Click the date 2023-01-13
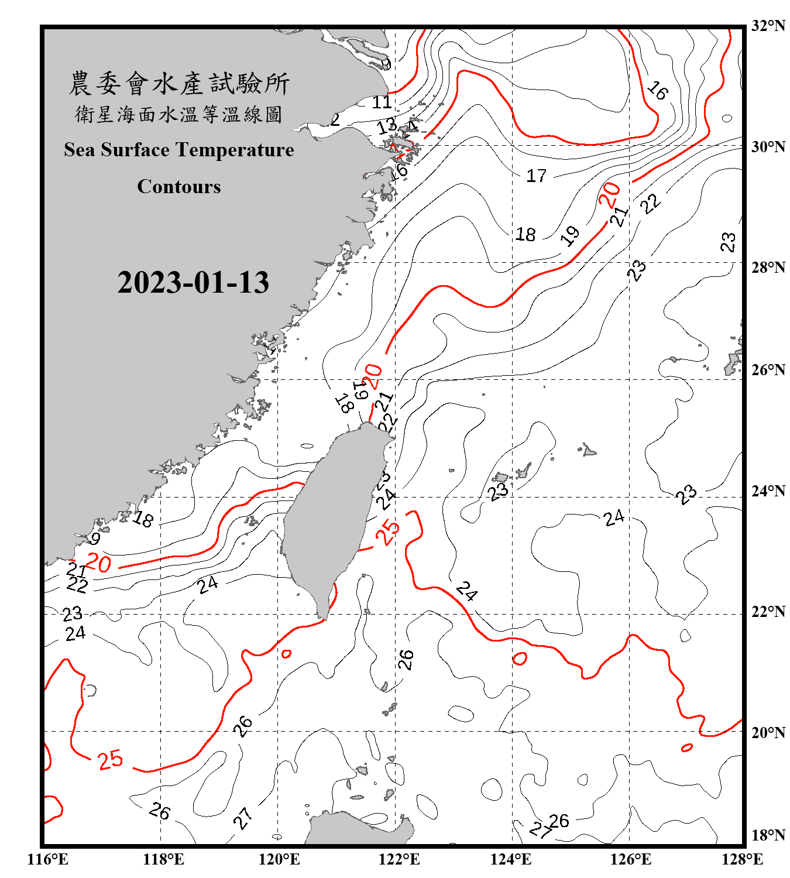pyautogui.click(x=193, y=283)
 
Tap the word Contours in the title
pyautogui.click(x=179, y=187)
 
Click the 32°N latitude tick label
pyautogui.click(x=768, y=26)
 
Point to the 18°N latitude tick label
pyautogui.click(x=768, y=835)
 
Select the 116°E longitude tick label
pyautogui.click(x=48, y=859)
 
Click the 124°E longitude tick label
pyautogui.click(x=511, y=859)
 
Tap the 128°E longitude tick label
pyautogui.click(x=742, y=859)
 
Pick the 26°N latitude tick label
pyautogui.click(x=768, y=370)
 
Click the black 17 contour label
pyautogui.click(x=536, y=176)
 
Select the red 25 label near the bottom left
pyautogui.click(x=111, y=760)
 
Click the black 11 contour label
pyautogui.click(x=382, y=102)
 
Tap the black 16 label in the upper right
pyautogui.click(x=657, y=90)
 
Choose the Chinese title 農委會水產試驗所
pyautogui.click(x=179, y=84)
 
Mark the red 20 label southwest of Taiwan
pyautogui.click(x=98, y=564)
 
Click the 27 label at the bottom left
pyautogui.click(x=243, y=818)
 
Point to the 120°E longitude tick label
pyautogui.click(x=279, y=859)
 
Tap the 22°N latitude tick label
pyautogui.click(x=768, y=612)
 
